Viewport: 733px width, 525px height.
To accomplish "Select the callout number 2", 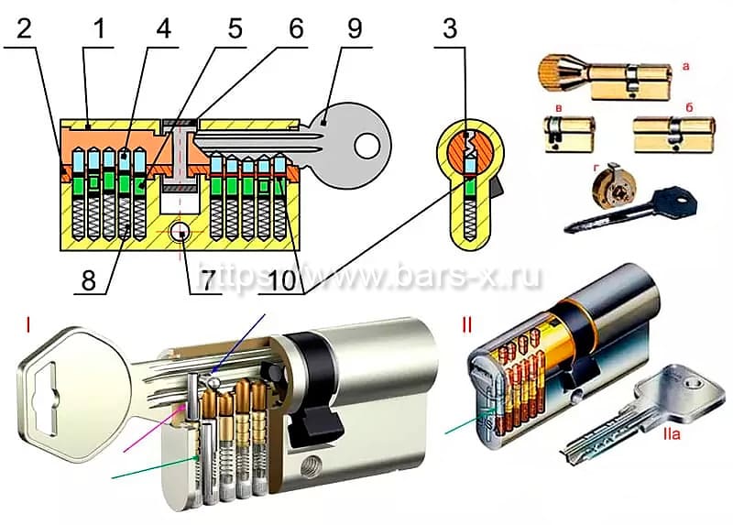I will pyautogui.click(x=26, y=28).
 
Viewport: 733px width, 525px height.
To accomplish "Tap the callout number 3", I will pyautogui.click(x=449, y=28).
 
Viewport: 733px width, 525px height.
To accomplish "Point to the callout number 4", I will pyautogui.click(x=164, y=28).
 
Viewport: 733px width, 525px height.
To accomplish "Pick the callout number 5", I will pyautogui.click(x=235, y=28).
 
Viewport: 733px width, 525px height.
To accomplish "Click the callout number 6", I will pyautogui.click(x=295, y=28).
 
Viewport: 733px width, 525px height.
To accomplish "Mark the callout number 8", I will pyautogui.click(x=88, y=279).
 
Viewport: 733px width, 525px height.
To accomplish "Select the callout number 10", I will pyautogui.click(x=285, y=279).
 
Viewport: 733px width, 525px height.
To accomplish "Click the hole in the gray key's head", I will pyautogui.click(x=368, y=143).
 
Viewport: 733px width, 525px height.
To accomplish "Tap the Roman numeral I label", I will pyautogui.click(x=31, y=323).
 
